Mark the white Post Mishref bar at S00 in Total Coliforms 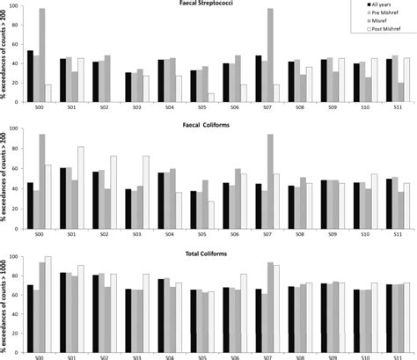[x=48, y=300]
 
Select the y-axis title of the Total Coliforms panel [x=6, y=299]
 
